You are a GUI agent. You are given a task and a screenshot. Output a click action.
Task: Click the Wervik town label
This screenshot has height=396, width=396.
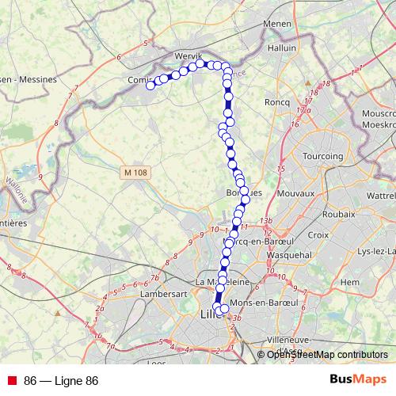pos(188,55)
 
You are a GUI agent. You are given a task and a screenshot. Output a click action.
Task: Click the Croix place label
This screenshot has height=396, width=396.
pos(318,234)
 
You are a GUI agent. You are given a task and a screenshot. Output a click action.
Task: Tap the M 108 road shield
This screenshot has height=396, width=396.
pos(136,171)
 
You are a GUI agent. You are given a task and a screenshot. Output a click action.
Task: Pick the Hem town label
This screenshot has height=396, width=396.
pos(348,281)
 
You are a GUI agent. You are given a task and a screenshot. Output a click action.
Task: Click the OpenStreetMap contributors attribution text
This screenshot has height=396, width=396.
pos(328,355)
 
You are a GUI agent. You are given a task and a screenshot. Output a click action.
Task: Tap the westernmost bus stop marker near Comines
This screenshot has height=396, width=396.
pos(150,86)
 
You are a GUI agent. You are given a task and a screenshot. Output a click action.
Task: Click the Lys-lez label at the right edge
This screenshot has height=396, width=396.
pos(376,251)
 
